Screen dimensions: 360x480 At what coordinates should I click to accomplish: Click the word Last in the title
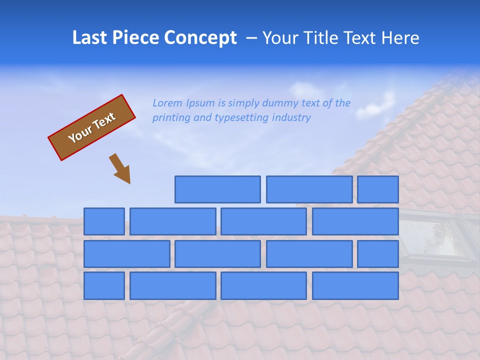pyautogui.click(x=90, y=38)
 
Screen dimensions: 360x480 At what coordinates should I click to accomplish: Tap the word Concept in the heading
pyautogui.click(x=200, y=38)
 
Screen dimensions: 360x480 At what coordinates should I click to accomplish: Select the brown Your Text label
pyautogui.click(x=91, y=127)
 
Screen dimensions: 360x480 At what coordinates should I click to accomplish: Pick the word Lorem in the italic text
pyautogui.click(x=167, y=103)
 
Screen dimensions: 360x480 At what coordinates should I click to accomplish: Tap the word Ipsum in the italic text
pyautogui.click(x=200, y=103)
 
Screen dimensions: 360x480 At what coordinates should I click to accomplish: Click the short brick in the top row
pyautogui.click(x=378, y=189)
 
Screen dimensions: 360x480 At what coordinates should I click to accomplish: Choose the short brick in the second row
pyautogui.click(x=104, y=221)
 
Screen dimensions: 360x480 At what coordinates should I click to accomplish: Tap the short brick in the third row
pyautogui.click(x=378, y=254)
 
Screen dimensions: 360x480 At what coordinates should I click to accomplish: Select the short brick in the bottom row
pyautogui.click(x=104, y=286)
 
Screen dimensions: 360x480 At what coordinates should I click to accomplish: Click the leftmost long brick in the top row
pyautogui.click(x=217, y=189)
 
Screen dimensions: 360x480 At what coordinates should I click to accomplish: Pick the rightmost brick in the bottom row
pyautogui.click(x=355, y=286)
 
